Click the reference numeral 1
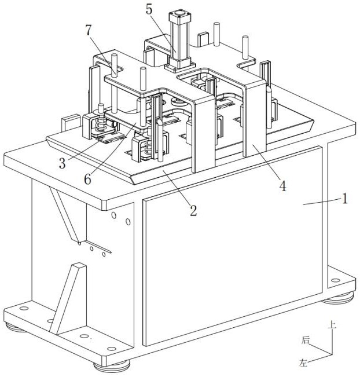click(344, 199)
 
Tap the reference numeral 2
click(193, 210)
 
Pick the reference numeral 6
click(88, 180)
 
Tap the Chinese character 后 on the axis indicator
click(306, 341)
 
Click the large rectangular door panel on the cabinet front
click(232, 255)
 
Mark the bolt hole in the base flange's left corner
click(24, 308)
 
